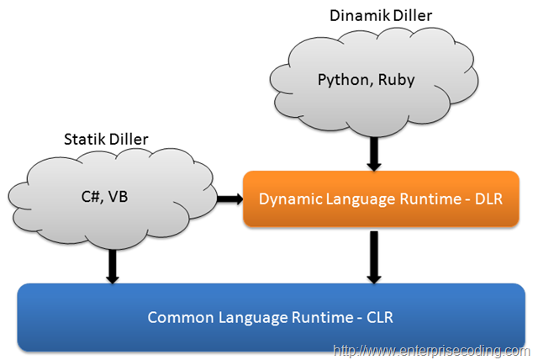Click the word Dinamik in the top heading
[360, 16]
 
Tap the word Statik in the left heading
[83, 140]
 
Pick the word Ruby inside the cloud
[396, 81]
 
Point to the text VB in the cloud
[118, 197]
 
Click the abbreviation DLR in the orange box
[488, 199]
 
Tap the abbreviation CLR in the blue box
[380, 317]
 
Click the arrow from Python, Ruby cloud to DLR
[374, 154]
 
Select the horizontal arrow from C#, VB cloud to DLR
[229, 199]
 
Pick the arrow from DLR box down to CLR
[374, 257]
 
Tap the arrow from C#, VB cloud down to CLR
[113, 267]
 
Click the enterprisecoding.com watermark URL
[431, 351]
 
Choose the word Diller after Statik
[127, 140]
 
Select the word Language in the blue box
[253, 318]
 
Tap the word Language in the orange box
[361, 199]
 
